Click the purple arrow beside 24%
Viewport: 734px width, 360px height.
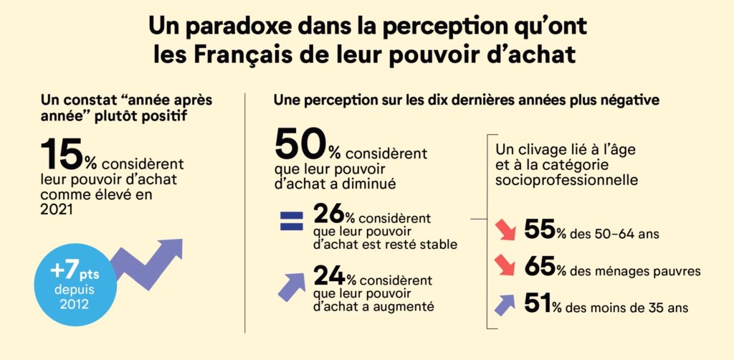coord(292,285)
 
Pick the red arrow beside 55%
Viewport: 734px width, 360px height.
coord(505,232)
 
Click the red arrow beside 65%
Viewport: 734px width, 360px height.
coord(505,266)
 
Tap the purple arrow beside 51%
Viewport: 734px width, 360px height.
coord(505,303)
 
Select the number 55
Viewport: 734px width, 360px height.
coord(540,229)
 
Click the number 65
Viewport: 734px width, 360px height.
coord(540,267)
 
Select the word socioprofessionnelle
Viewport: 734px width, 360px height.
coord(566,177)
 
